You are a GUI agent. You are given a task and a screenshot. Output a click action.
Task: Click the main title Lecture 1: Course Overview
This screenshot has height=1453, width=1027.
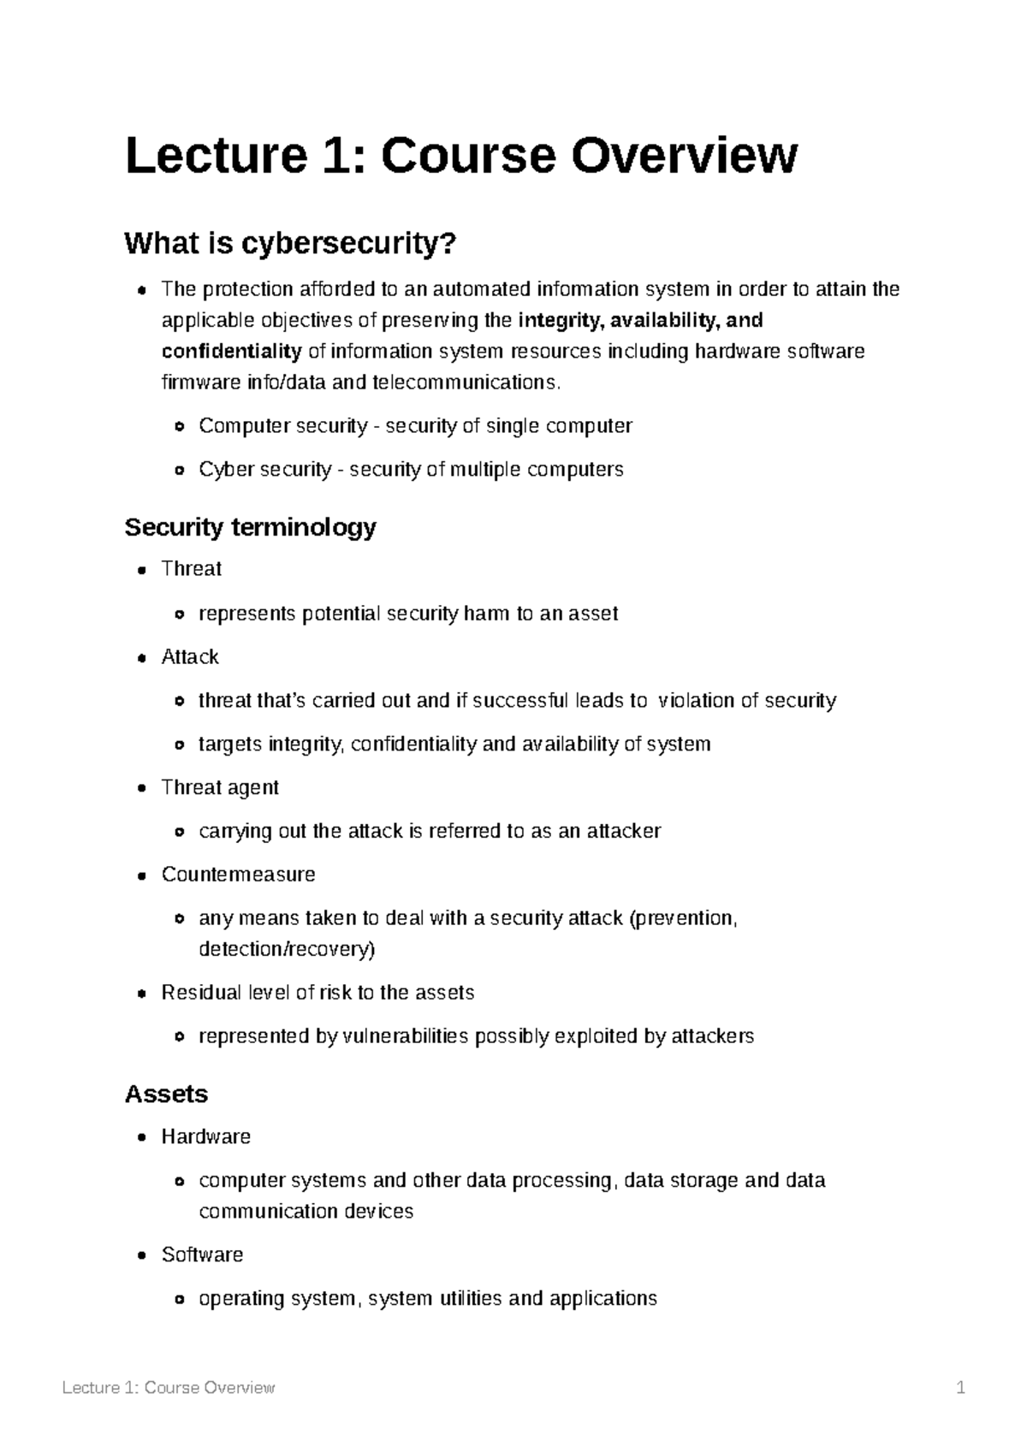[461, 157]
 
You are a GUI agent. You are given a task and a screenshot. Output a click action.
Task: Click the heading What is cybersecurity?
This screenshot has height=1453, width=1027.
[290, 245]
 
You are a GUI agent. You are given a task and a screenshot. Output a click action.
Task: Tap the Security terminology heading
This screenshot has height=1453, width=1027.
[250, 527]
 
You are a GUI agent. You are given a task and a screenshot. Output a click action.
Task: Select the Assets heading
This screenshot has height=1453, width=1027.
[166, 1094]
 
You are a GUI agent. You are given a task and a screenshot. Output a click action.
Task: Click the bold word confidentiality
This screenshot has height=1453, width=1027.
[231, 352]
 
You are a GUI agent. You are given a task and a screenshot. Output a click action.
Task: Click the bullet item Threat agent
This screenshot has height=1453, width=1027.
[220, 788]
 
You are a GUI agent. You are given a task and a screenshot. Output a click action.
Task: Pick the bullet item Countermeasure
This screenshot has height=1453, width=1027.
[238, 875]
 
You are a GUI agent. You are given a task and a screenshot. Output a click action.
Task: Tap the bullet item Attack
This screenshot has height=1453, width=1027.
[190, 657]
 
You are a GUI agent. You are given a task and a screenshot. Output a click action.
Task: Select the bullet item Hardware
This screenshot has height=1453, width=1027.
[205, 1137]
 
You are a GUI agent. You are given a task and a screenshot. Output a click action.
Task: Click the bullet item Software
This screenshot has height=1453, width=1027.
[202, 1255]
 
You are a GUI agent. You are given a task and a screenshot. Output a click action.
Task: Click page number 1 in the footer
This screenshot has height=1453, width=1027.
[961, 1388]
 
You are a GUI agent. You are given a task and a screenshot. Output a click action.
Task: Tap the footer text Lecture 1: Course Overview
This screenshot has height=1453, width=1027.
[169, 1388]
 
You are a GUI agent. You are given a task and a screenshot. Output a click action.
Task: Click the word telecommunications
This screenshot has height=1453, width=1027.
[466, 383]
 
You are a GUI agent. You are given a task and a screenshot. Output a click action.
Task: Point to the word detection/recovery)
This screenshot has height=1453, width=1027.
[287, 949]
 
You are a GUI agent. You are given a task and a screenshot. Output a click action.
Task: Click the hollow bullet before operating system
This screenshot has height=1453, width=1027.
[179, 1300]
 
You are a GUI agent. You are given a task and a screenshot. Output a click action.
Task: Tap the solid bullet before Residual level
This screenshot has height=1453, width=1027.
[142, 993]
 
